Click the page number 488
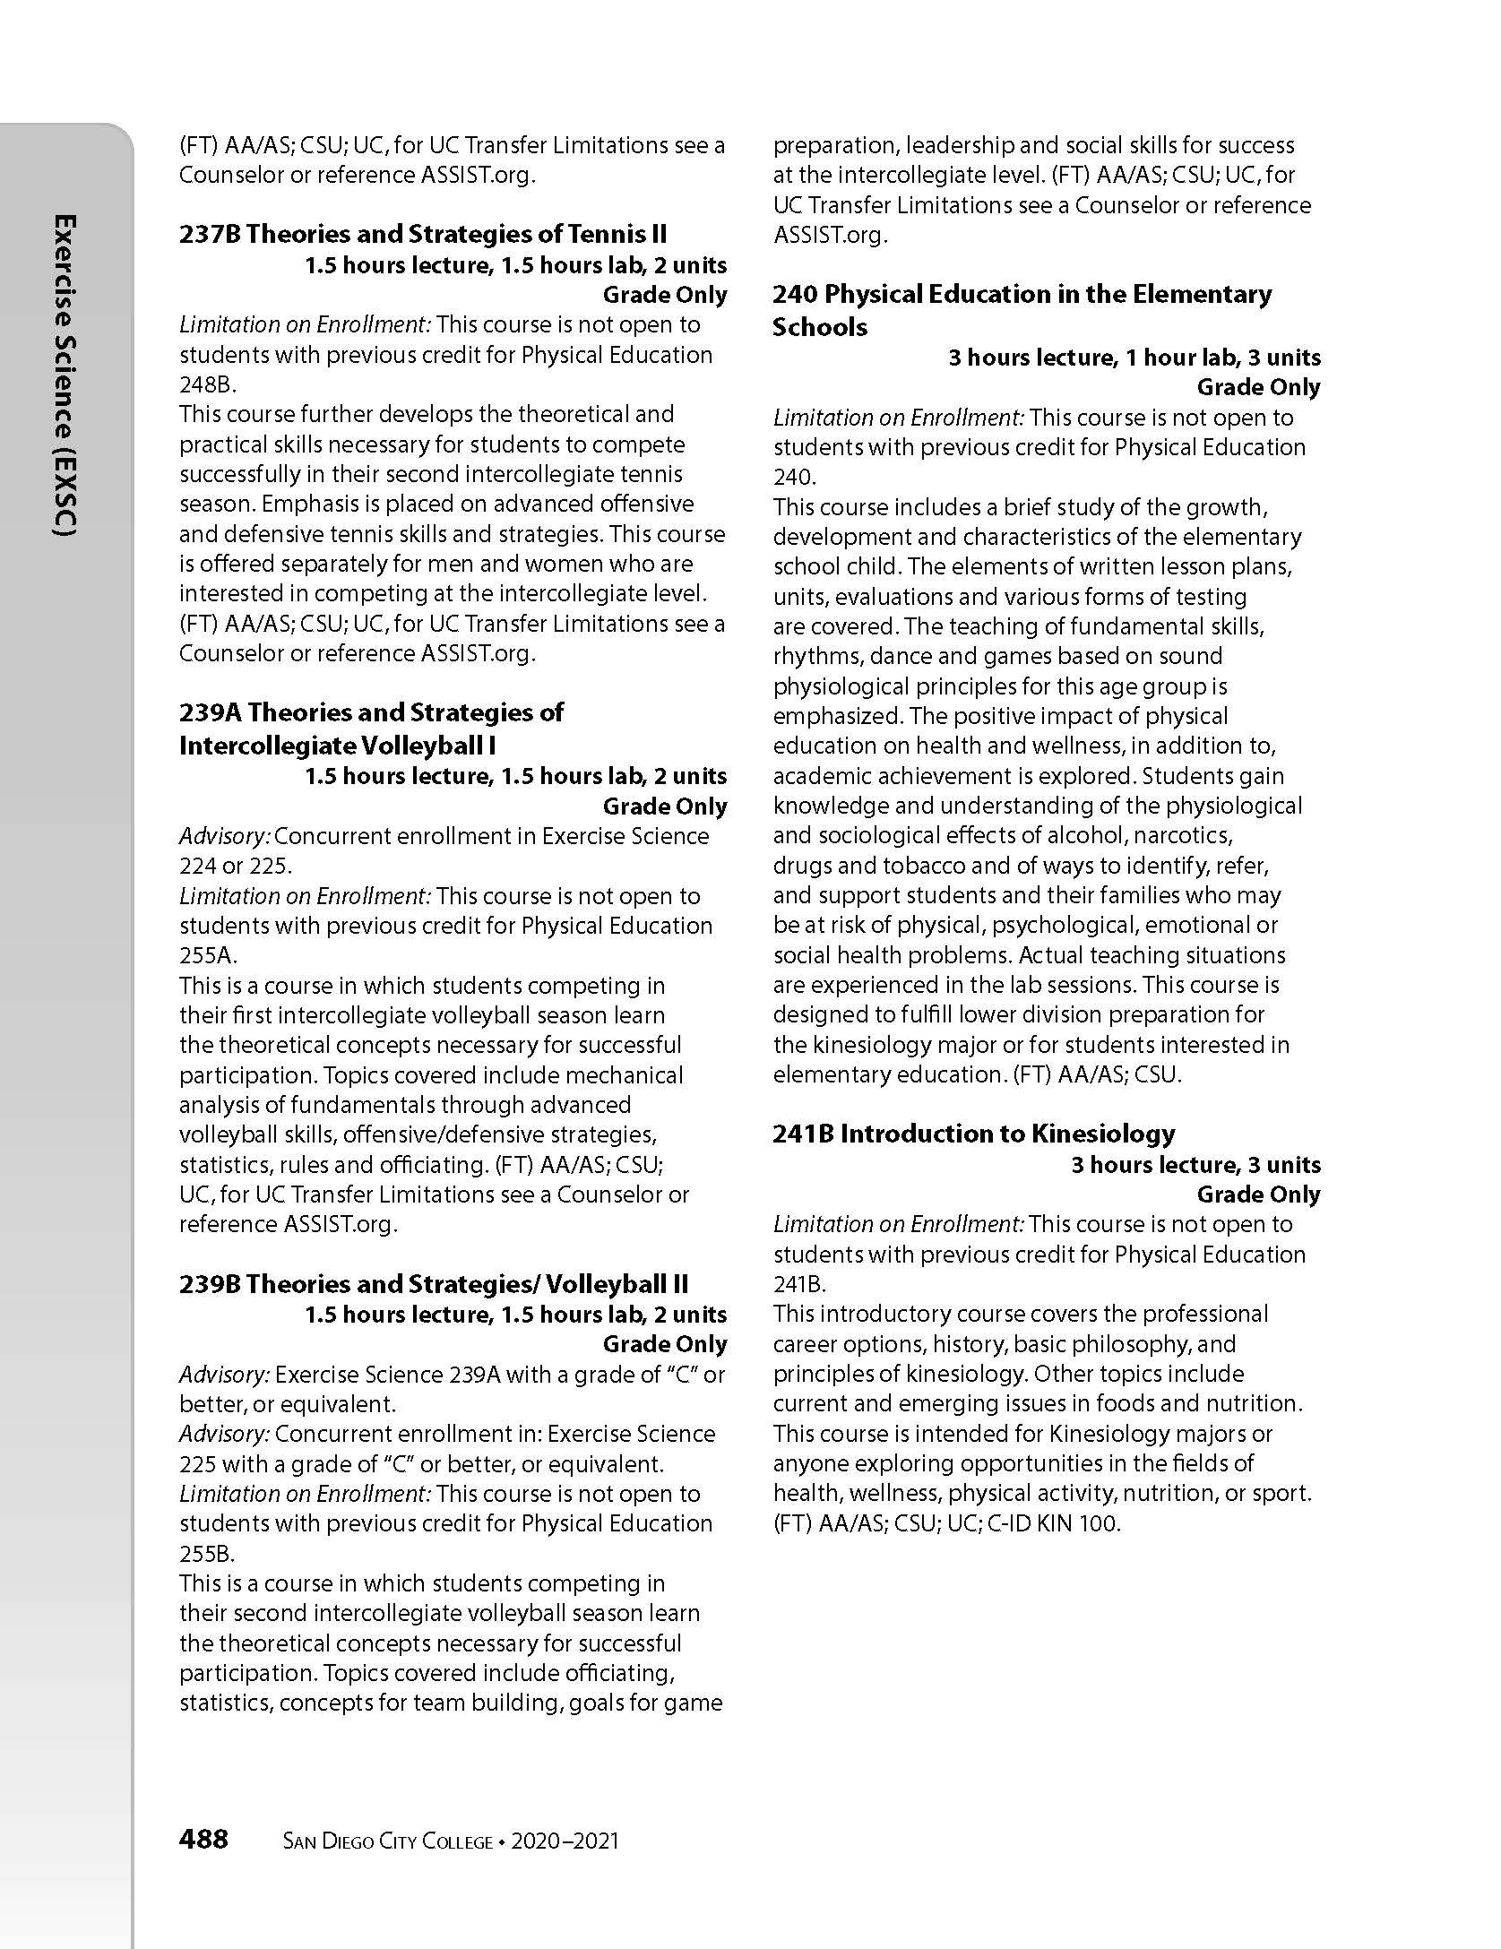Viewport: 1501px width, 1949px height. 203,1840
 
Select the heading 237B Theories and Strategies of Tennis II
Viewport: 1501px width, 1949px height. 423,234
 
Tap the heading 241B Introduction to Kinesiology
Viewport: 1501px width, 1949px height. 973,1134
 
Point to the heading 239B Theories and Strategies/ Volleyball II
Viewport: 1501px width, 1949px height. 434,1284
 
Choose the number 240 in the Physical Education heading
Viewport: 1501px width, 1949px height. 795,294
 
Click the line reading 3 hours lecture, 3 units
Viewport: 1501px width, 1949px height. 1195,1165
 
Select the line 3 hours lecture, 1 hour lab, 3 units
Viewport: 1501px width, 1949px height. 1134,358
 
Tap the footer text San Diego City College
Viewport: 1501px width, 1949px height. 387,1841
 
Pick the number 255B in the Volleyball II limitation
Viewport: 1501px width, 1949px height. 205,1553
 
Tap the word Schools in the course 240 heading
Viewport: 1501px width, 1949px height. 819,327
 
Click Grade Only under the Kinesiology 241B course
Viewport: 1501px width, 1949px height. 1258,1194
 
